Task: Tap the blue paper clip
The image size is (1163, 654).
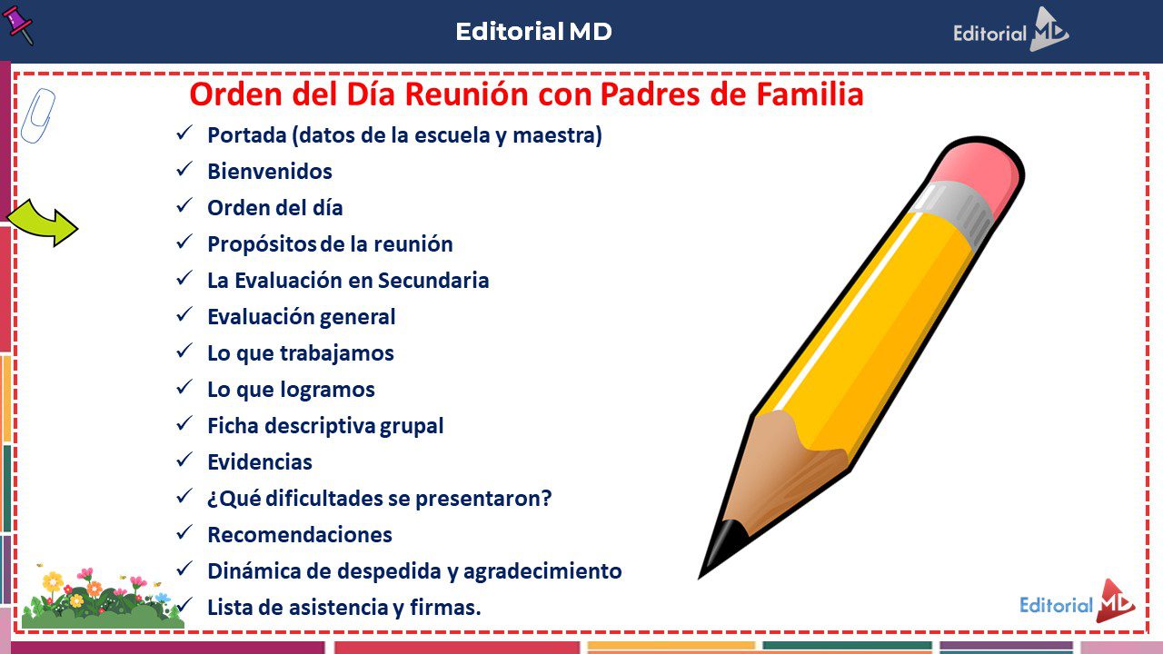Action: [x=37, y=115]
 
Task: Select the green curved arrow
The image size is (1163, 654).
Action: [x=43, y=223]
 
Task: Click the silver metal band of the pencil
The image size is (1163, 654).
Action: [x=951, y=212]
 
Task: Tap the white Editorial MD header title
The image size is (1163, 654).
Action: [x=533, y=32]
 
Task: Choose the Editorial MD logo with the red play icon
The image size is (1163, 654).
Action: [x=1078, y=602]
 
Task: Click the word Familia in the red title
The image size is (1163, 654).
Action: [x=810, y=94]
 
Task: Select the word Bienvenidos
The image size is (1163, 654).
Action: [x=270, y=172]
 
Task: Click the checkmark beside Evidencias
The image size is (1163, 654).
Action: [x=184, y=460]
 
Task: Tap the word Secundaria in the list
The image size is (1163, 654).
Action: [x=433, y=281]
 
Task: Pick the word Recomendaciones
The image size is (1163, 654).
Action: [x=300, y=535]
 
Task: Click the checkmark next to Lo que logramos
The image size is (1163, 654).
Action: [x=184, y=387]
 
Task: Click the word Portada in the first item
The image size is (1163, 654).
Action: [x=247, y=135]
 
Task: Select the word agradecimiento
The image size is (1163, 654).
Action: [x=542, y=571]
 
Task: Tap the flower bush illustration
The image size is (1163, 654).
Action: [x=102, y=597]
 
